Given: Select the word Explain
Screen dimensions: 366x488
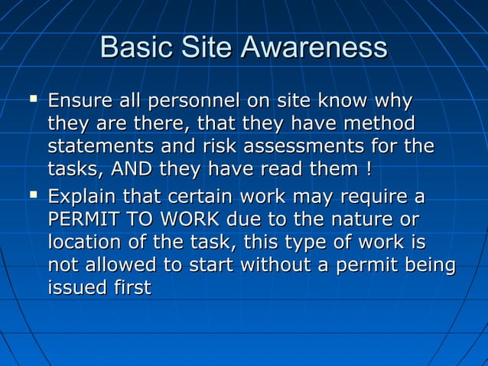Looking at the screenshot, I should coord(80,198).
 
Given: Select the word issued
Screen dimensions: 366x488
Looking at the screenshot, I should coord(73,287).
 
